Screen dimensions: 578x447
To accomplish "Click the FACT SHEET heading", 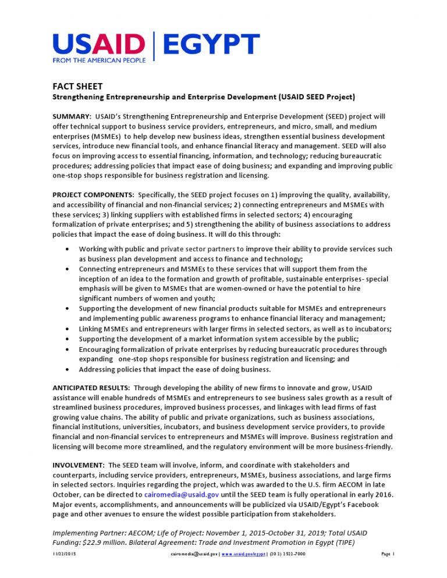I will coord(77,87).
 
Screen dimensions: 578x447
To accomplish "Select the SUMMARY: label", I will coord(72,117).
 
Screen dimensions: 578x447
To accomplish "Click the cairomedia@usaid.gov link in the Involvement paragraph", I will coord(181,495).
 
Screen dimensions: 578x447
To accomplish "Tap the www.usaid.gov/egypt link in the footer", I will coord(243,554).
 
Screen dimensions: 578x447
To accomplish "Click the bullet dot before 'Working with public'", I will coord(70,249).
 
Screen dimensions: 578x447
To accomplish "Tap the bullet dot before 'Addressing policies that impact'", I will coord(70,369).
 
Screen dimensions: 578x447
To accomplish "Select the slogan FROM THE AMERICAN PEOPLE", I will coord(99,60).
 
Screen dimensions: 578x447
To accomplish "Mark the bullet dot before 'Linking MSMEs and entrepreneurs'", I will coord(70,329).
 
